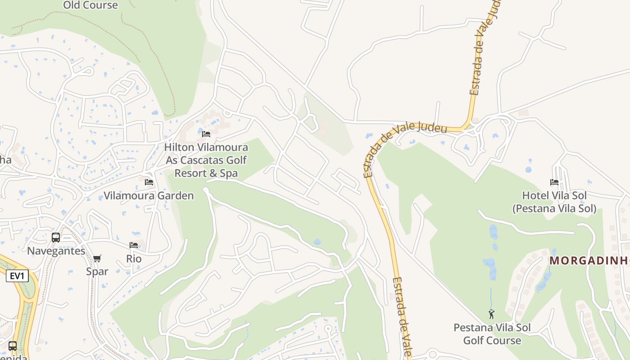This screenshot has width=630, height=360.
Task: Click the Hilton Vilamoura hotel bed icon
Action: [x=206, y=134]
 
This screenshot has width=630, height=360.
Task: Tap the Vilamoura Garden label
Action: [x=148, y=196]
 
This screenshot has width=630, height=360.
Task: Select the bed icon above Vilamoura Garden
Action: [x=149, y=182]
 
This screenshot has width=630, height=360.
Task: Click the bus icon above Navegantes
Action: [x=56, y=238]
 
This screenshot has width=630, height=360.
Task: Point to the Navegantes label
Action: [x=56, y=251]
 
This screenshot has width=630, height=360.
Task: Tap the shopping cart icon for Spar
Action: [x=97, y=258]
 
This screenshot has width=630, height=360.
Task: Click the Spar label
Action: [x=97, y=272]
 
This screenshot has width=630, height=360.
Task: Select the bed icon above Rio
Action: [x=134, y=245]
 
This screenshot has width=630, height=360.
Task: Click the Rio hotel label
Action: [x=134, y=259]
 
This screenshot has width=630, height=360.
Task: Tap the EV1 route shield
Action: [x=17, y=276]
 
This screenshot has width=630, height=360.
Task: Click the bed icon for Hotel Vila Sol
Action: [x=554, y=182]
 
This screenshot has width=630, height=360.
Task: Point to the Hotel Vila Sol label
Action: [x=554, y=202]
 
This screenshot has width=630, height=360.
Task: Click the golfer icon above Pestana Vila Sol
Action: [x=491, y=314]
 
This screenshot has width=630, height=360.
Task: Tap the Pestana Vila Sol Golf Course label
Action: [x=492, y=334]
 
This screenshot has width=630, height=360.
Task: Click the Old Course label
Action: [x=90, y=5]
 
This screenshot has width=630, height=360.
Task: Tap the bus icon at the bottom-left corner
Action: [x=13, y=346]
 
